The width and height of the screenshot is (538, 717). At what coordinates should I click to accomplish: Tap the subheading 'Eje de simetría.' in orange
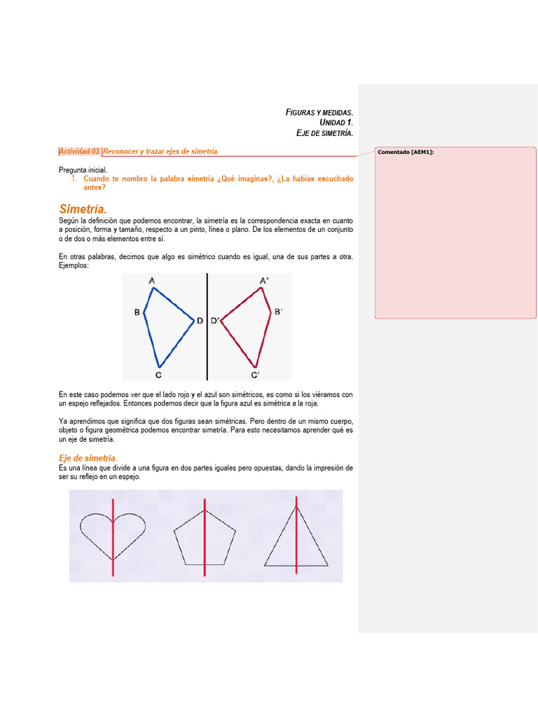click(x=88, y=458)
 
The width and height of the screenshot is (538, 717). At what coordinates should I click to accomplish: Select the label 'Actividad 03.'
click(x=81, y=151)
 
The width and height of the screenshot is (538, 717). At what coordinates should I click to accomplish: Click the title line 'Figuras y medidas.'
click(x=319, y=112)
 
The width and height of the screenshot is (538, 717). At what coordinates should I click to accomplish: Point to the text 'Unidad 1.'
click(x=336, y=123)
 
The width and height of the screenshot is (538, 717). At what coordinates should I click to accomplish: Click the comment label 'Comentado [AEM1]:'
click(x=406, y=152)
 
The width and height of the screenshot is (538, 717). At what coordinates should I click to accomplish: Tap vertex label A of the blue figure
click(x=152, y=281)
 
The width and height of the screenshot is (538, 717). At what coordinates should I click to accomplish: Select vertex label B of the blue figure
click(x=137, y=312)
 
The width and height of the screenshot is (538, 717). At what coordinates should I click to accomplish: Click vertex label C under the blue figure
click(x=159, y=375)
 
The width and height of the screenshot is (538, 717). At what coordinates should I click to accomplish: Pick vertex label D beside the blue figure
click(x=200, y=321)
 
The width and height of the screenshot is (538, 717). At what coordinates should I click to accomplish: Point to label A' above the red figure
click(x=263, y=281)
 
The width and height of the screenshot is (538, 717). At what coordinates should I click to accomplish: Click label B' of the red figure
click(x=277, y=312)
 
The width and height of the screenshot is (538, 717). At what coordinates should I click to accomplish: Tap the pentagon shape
click(x=204, y=538)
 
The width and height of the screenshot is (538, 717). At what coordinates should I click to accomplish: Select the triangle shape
click(x=296, y=543)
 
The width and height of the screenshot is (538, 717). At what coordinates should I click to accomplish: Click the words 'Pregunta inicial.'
click(x=83, y=169)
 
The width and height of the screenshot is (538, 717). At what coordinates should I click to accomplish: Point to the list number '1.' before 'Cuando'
click(x=74, y=179)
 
